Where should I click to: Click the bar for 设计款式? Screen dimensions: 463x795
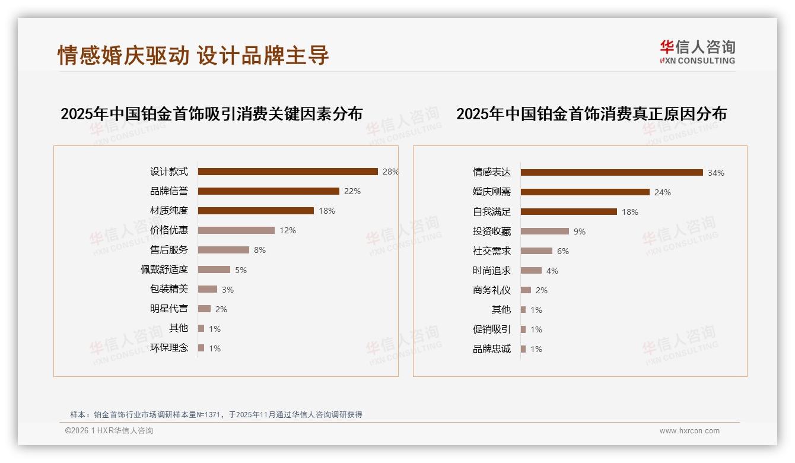click(x=288, y=172)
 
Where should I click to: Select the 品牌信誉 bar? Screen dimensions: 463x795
click(x=268, y=191)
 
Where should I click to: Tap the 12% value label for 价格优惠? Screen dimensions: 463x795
click(x=288, y=230)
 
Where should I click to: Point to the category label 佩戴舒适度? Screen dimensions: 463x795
click(x=164, y=269)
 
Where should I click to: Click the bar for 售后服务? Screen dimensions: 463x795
click(x=223, y=250)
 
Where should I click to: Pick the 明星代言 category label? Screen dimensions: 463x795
click(x=169, y=309)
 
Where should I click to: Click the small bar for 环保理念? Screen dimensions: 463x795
click(x=201, y=348)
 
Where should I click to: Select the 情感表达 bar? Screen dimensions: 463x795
click(x=612, y=173)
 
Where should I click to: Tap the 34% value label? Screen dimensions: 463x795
click(x=716, y=173)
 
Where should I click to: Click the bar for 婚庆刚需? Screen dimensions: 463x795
click(x=585, y=192)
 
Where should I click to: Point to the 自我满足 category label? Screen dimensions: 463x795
click(x=492, y=212)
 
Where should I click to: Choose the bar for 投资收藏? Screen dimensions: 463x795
click(x=545, y=231)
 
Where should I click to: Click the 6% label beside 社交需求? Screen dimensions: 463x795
click(x=563, y=251)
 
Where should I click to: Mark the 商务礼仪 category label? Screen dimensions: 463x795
click(x=492, y=290)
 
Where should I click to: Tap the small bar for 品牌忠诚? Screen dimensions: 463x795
click(x=523, y=349)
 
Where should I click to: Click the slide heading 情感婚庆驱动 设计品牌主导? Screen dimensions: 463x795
click(x=193, y=55)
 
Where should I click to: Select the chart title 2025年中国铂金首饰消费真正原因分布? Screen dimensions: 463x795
click(x=592, y=113)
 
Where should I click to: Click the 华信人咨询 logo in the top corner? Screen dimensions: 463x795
click(x=697, y=52)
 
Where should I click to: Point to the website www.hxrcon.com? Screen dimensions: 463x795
click(x=689, y=431)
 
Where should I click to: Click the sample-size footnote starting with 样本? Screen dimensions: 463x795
click(x=216, y=415)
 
